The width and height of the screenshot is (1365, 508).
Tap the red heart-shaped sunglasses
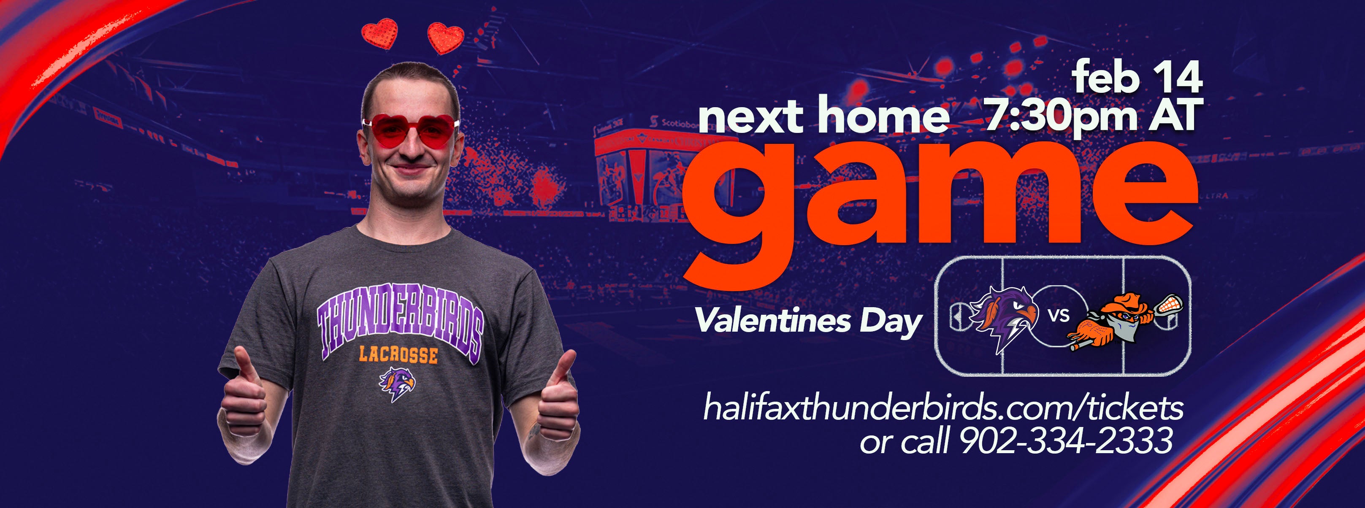point(411,132)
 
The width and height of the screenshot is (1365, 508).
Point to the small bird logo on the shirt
point(397,384)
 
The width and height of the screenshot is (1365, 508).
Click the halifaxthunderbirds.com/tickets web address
point(943,408)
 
